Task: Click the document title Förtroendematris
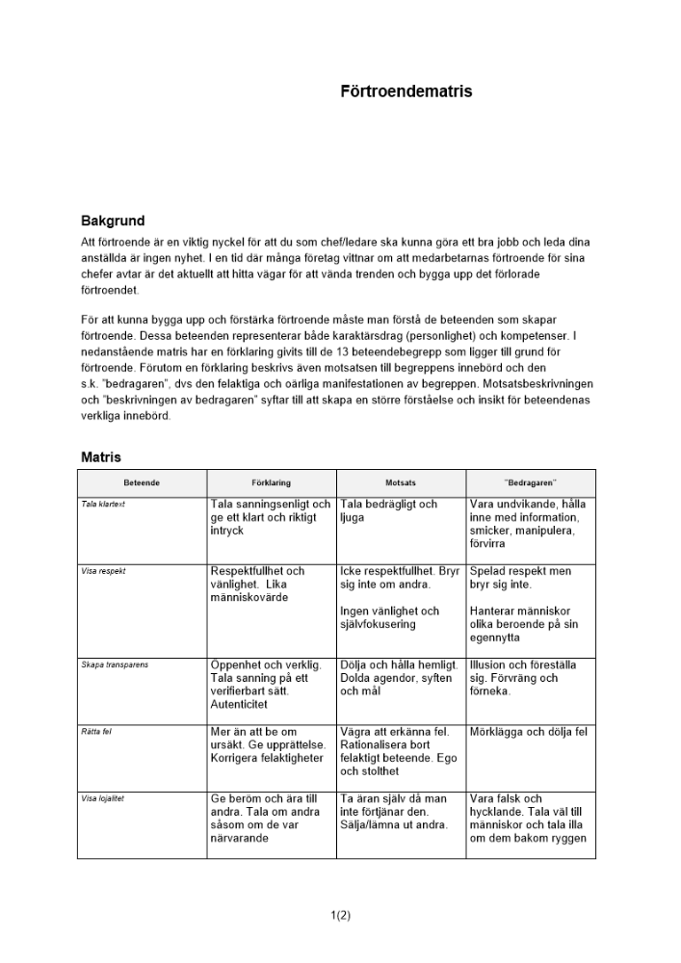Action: click(406, 92)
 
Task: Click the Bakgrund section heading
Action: click(113, 221)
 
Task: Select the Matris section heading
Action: click(101, 456)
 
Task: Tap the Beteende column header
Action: click(142, 482)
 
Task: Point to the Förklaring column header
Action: click(271, 482)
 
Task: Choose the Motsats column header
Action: click(401, 482)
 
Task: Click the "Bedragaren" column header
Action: click(531, 482)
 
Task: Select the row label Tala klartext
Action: click(103, 504)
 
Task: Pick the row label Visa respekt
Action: click(103, 571)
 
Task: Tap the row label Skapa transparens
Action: click(115, 664)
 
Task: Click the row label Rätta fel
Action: click(96, 732)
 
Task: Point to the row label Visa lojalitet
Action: click(103, 798)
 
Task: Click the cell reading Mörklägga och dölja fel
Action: click(527, 732)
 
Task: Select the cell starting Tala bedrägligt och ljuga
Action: click(388, 510)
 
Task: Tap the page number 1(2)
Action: click(340, 916)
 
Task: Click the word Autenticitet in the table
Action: click(241, 705)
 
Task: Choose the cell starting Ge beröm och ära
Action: click(263, 818)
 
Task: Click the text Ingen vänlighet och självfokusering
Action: click(389, 617)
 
